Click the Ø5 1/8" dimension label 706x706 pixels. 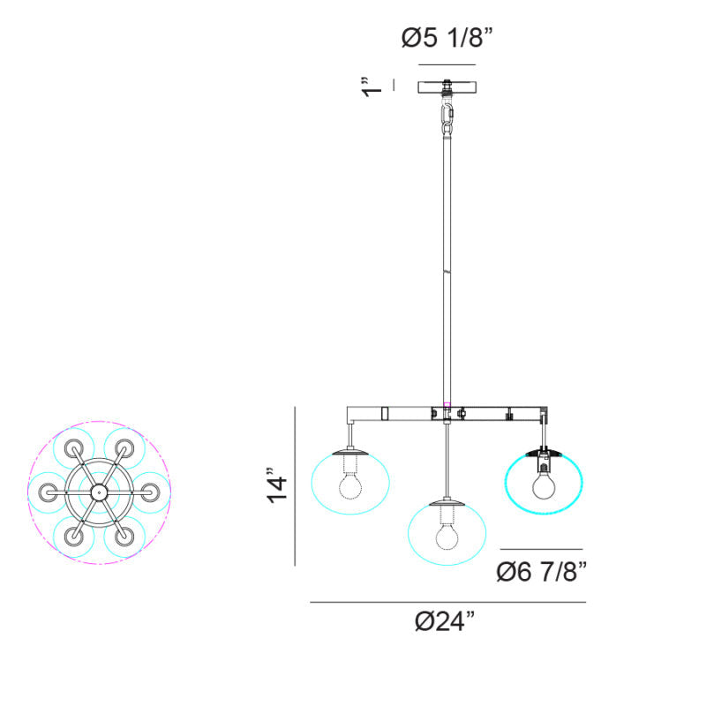(x=447, y=38)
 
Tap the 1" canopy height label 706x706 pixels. (x=372, y=86)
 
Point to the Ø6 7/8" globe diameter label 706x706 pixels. (x=542, y=572)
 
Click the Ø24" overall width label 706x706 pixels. (x=445, y=621)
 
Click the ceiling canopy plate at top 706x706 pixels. (x=447, y=86)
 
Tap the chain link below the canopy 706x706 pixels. (x=447, y=118)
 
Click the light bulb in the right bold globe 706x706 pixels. (x=544, y=484)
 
